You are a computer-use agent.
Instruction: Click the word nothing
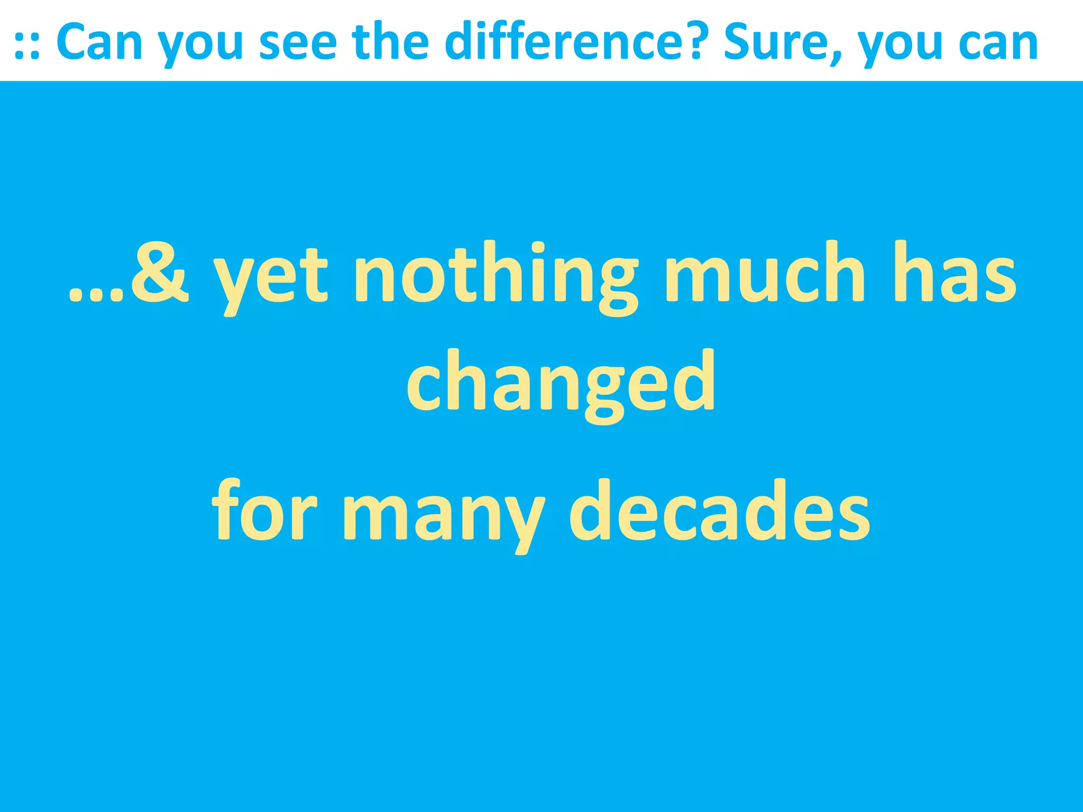point(494,275)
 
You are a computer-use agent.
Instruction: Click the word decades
point(719,510)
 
